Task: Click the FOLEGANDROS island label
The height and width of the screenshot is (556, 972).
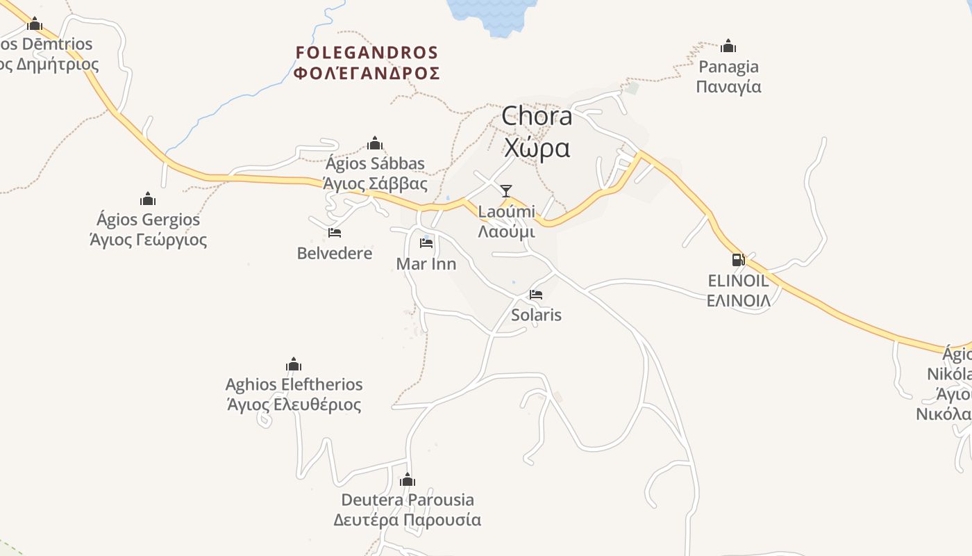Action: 367,53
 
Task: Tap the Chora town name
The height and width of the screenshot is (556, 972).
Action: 537,116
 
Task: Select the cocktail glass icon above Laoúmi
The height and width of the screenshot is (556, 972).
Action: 506,190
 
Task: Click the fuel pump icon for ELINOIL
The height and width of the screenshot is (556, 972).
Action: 738,260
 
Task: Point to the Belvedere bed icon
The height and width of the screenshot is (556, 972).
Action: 335,233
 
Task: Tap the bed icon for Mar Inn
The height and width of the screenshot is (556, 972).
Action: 426,243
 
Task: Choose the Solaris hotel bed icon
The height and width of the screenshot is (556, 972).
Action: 536,295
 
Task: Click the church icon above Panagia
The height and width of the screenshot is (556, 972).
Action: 728,47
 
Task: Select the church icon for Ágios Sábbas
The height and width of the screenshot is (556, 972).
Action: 375,144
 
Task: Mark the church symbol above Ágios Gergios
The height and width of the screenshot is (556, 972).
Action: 148,199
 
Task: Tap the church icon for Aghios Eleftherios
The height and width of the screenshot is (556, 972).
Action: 294,364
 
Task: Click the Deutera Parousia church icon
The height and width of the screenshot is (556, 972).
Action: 408,480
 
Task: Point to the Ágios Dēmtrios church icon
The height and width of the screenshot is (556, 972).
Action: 35,24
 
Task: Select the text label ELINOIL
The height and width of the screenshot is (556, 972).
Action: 738,281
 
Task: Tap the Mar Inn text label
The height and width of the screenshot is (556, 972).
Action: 426,264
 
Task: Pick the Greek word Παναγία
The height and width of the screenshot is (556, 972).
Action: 728,87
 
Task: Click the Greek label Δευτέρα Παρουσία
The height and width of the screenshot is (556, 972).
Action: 407,520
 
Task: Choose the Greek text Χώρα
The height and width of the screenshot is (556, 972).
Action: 537,148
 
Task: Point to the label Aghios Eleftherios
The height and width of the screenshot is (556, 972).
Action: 294,384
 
